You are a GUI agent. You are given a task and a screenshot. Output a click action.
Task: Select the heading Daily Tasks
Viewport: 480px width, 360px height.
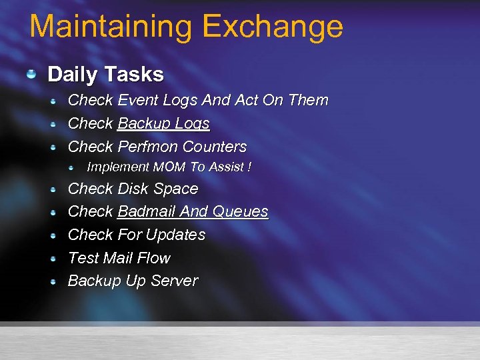(105, 74)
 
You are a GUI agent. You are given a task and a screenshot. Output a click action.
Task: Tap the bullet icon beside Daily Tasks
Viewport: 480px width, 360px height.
(31, 73)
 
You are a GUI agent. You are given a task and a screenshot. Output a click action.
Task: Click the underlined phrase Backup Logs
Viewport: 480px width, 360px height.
(163, 124)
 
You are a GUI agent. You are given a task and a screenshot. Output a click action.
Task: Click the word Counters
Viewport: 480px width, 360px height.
(214, 147)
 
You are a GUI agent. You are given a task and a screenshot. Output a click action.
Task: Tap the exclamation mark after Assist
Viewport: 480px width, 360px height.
(249, 167)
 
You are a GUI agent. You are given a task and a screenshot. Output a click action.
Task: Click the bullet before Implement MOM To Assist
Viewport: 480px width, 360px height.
(79, 167)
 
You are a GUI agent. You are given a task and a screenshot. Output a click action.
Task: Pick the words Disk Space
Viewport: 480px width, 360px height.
(157, 189)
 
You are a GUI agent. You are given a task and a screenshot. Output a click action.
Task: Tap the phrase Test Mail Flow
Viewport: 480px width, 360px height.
(119, 258)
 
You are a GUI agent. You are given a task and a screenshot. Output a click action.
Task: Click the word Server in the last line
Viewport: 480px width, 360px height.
(174, 281)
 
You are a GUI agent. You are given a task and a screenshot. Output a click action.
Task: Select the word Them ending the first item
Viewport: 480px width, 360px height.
(308, 101)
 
